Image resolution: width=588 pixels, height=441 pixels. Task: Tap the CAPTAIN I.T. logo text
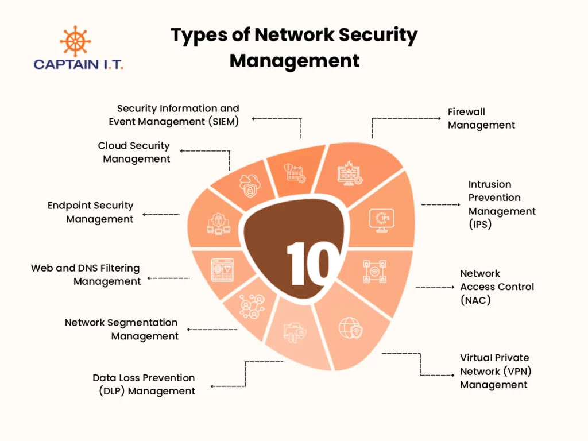78,64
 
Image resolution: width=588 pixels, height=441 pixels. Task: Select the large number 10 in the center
308,263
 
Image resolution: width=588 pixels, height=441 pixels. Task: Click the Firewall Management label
481,118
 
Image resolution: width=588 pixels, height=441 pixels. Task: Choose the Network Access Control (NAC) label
497,287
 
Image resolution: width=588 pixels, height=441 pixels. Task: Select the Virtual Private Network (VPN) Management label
494,371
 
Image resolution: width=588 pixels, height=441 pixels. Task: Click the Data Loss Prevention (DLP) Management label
144,385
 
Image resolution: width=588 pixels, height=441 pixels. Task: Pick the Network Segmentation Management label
122,330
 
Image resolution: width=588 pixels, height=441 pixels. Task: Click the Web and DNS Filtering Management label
86,275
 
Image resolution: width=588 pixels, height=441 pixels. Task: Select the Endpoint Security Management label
91,212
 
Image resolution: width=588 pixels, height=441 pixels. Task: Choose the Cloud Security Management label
134,152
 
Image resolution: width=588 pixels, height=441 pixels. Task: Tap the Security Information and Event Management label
175,115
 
